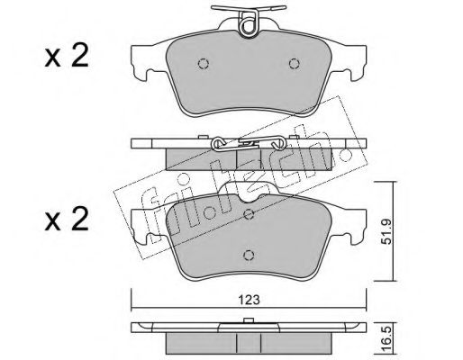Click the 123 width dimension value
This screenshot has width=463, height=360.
(x=249, y=300)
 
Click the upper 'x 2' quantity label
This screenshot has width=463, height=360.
(x=67, y=56)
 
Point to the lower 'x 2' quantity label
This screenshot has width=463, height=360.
(x=67, y=220)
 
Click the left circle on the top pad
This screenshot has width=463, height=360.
(x=204, y=64)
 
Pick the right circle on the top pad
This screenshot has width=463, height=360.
(x=295, y=64)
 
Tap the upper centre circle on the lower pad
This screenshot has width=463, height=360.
(x=249, y=214)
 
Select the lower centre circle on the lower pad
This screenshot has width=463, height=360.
(x=249, y=255)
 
